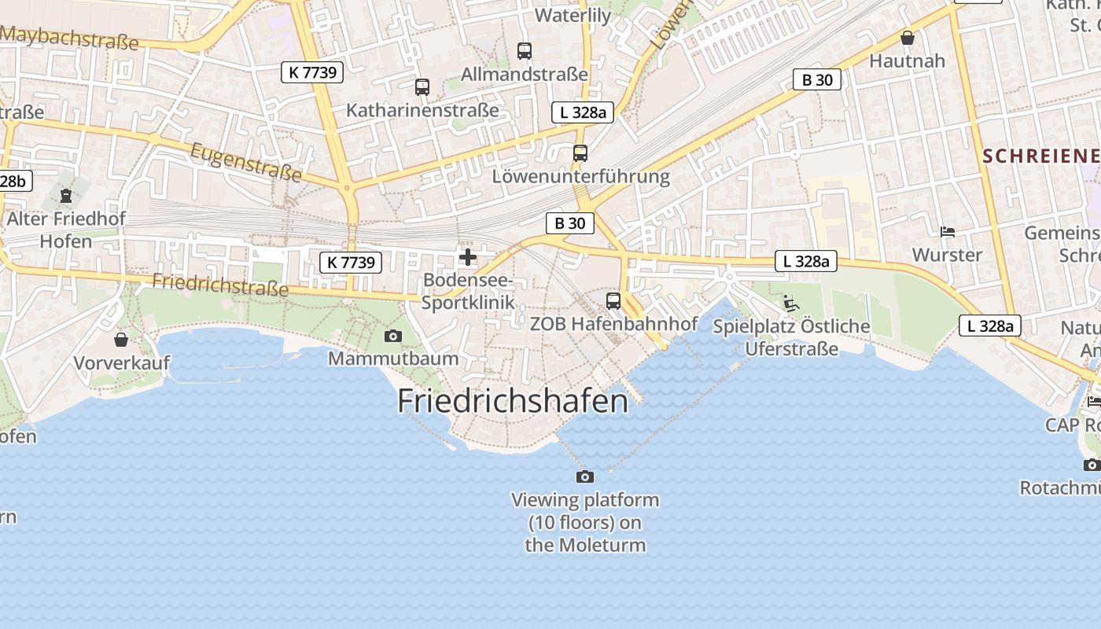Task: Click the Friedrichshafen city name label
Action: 513,401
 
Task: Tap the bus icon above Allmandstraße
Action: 525,51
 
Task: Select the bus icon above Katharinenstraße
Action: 422,87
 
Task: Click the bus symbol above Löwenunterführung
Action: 580,153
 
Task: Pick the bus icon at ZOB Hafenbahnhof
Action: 613,300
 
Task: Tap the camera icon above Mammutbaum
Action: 393,337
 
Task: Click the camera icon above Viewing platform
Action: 585,476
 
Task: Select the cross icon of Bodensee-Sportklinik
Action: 468,257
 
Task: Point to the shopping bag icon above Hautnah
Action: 908,38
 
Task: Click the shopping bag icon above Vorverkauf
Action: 121,340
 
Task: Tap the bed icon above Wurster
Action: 948,232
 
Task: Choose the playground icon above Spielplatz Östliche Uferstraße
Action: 791,303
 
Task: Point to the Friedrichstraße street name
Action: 220,285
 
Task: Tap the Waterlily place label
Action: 573,16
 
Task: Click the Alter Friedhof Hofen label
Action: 66,229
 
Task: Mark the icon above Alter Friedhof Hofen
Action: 66,195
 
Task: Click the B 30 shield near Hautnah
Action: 817,79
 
